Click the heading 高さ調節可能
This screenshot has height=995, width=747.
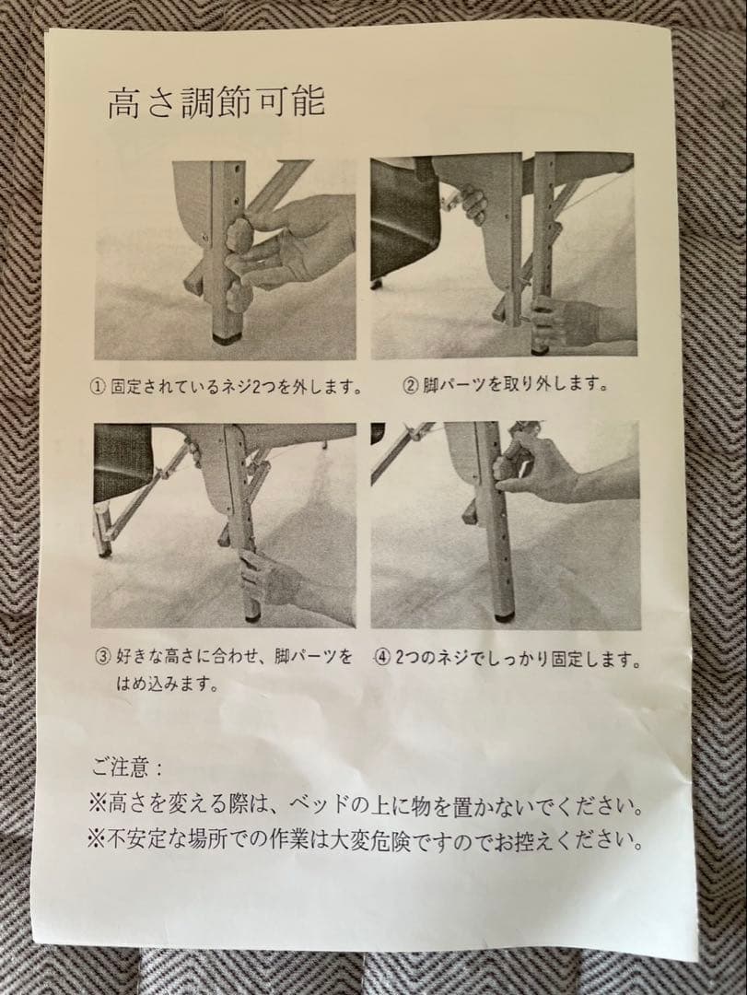[216, 102]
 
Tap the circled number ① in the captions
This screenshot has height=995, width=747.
[100, 385]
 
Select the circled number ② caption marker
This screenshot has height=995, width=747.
[411, 383]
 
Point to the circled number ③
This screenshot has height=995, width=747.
[103, 657]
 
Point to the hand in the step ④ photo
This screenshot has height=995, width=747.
[534, 470]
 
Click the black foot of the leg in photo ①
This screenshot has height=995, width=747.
[222, 337]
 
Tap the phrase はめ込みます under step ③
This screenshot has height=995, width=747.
[166, 685]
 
